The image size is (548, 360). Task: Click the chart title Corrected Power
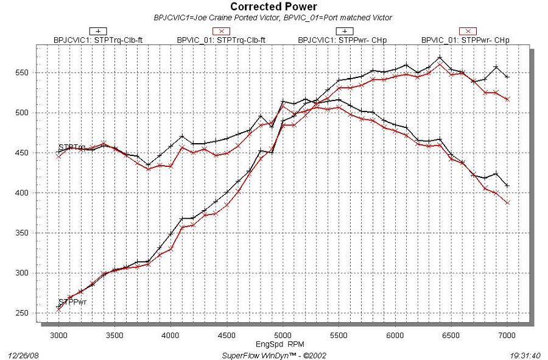pos(273,7)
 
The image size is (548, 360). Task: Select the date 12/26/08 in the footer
pos(21,353)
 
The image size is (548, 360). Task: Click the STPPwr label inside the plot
pos(71,302)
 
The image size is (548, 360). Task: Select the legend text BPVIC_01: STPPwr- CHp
pos(465,40)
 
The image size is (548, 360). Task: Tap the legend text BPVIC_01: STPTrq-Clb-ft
pos(222,40)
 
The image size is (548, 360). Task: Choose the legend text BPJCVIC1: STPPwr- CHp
pos(343,40)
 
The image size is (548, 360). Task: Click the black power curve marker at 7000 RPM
pos(507,76)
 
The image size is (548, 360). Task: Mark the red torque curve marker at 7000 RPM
pos(507,202)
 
